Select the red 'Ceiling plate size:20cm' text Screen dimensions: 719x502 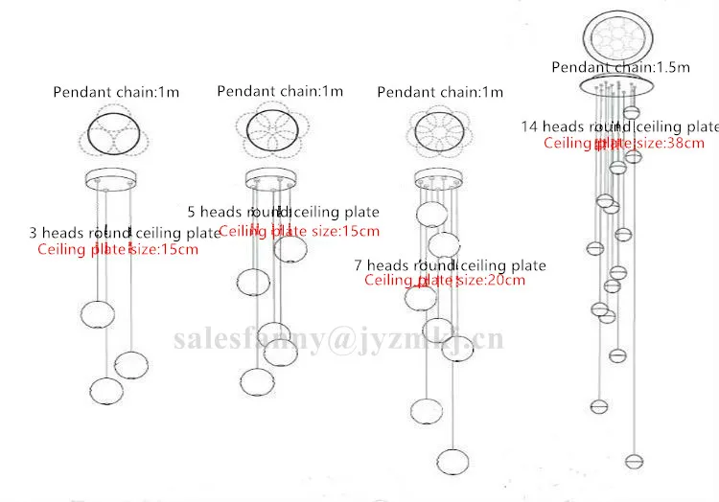(x=445, y=281)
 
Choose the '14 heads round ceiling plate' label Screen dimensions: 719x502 (x=619, y=126)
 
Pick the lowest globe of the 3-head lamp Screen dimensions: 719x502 (x=106, y=390)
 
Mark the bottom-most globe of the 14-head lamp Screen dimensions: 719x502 (x=633, y=461)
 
